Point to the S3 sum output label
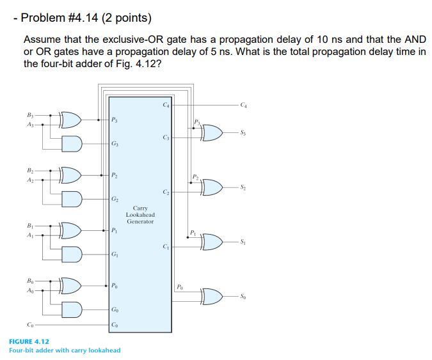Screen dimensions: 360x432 tap(243, 132)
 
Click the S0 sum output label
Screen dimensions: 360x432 tap(243, 297)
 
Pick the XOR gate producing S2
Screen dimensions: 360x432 tap(212, 187)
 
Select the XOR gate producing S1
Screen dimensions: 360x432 tap(212, 242)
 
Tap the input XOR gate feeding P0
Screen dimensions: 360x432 tap(70, 283)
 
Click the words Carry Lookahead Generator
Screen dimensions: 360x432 tap(140, 215)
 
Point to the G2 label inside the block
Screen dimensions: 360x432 tap(114, 200)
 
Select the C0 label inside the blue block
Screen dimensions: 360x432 tap(115, 325)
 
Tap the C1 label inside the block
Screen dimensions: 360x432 tap(166, 247)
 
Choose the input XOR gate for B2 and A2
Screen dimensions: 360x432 tap(70, 173)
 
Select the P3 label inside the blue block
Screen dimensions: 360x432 tap(114, 119)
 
